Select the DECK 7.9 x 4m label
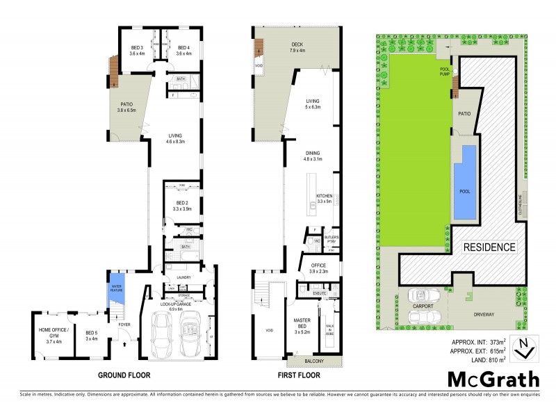coord(297,47)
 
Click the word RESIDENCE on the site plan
coord(489,247)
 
